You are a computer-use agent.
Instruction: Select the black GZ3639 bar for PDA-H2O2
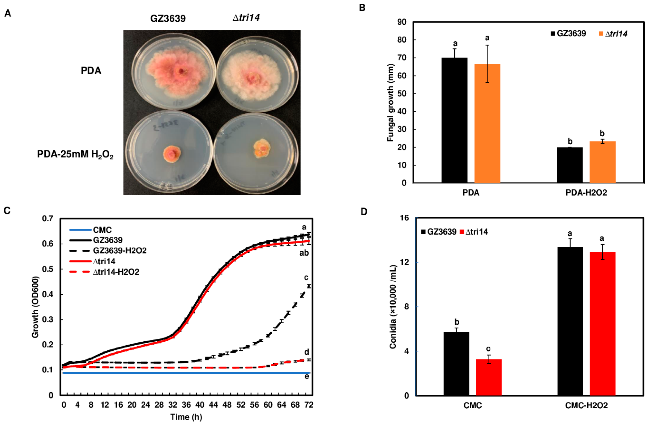[x=570, y=165]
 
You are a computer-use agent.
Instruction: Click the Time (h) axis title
[x=186, y=417]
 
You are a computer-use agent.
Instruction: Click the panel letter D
[x=364, y=211]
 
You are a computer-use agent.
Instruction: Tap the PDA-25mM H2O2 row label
[x=75, y=154]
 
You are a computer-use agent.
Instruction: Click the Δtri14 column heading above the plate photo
[x=246, y=18]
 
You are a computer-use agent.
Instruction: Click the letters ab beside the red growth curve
[x=304, y=253]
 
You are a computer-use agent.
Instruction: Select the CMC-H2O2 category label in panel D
[x=586, y=406]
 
